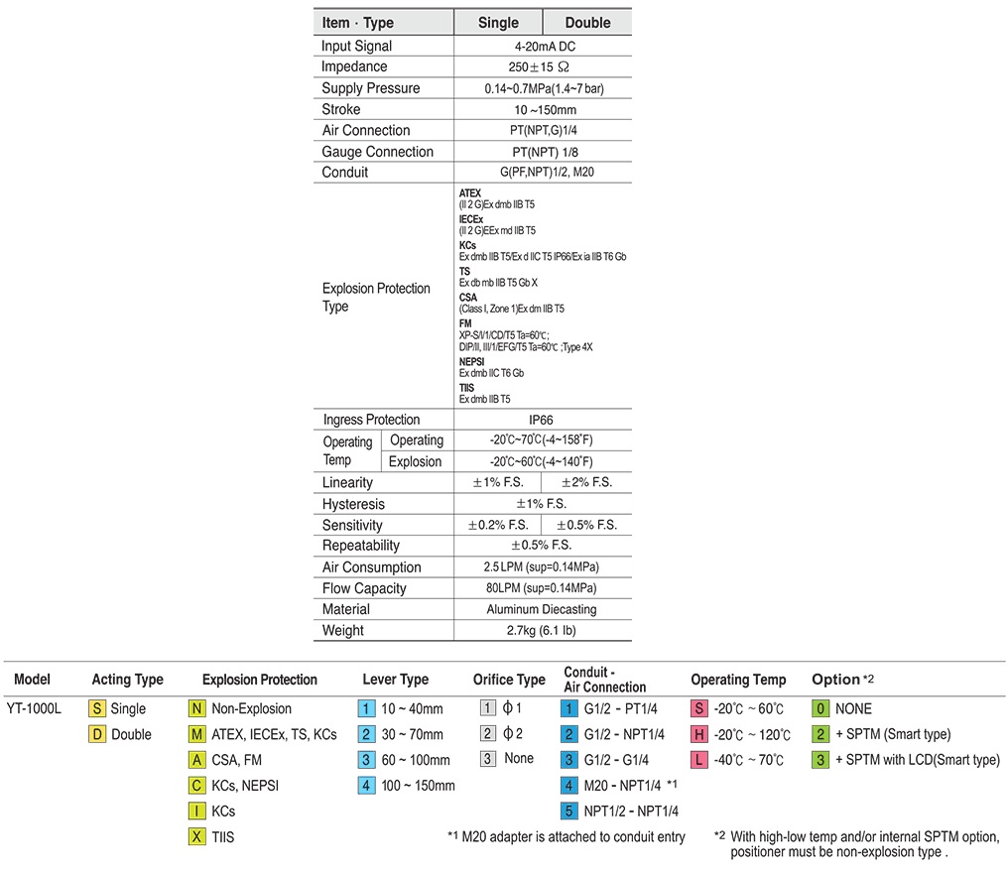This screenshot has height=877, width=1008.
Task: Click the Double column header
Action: [x=587, y=23]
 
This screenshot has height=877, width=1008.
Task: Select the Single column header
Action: [x=498, y=23]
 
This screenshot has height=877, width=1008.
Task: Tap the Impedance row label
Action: [x=354, y=67]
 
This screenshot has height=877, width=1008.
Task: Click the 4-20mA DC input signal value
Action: [x=543, y=47]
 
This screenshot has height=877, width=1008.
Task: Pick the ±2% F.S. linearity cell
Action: [x=586, y=482]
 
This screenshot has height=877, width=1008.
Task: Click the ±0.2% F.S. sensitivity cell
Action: [x=498, y=525]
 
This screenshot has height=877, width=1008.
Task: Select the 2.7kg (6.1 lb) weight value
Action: [x=542, y=630]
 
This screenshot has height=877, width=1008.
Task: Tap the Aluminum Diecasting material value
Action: [x=542, y=609]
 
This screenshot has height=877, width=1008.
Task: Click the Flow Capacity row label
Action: [x=364, y=588]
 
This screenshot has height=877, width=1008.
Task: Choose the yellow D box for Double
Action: [x=97, y=735]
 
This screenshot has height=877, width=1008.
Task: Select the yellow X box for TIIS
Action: [x=196, y=837]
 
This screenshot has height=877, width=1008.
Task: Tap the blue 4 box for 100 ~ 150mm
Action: [x=367, y=786]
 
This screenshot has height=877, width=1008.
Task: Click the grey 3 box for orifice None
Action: [x=487, y=759]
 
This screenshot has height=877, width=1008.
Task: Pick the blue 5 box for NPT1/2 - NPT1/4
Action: [x=568, y=812]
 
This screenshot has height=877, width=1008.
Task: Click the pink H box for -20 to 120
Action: [x=699, y=735]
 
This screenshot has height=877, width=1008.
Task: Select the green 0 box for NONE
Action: [x=820, y=709]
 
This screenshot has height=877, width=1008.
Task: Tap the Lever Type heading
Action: [x=395, y=680]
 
